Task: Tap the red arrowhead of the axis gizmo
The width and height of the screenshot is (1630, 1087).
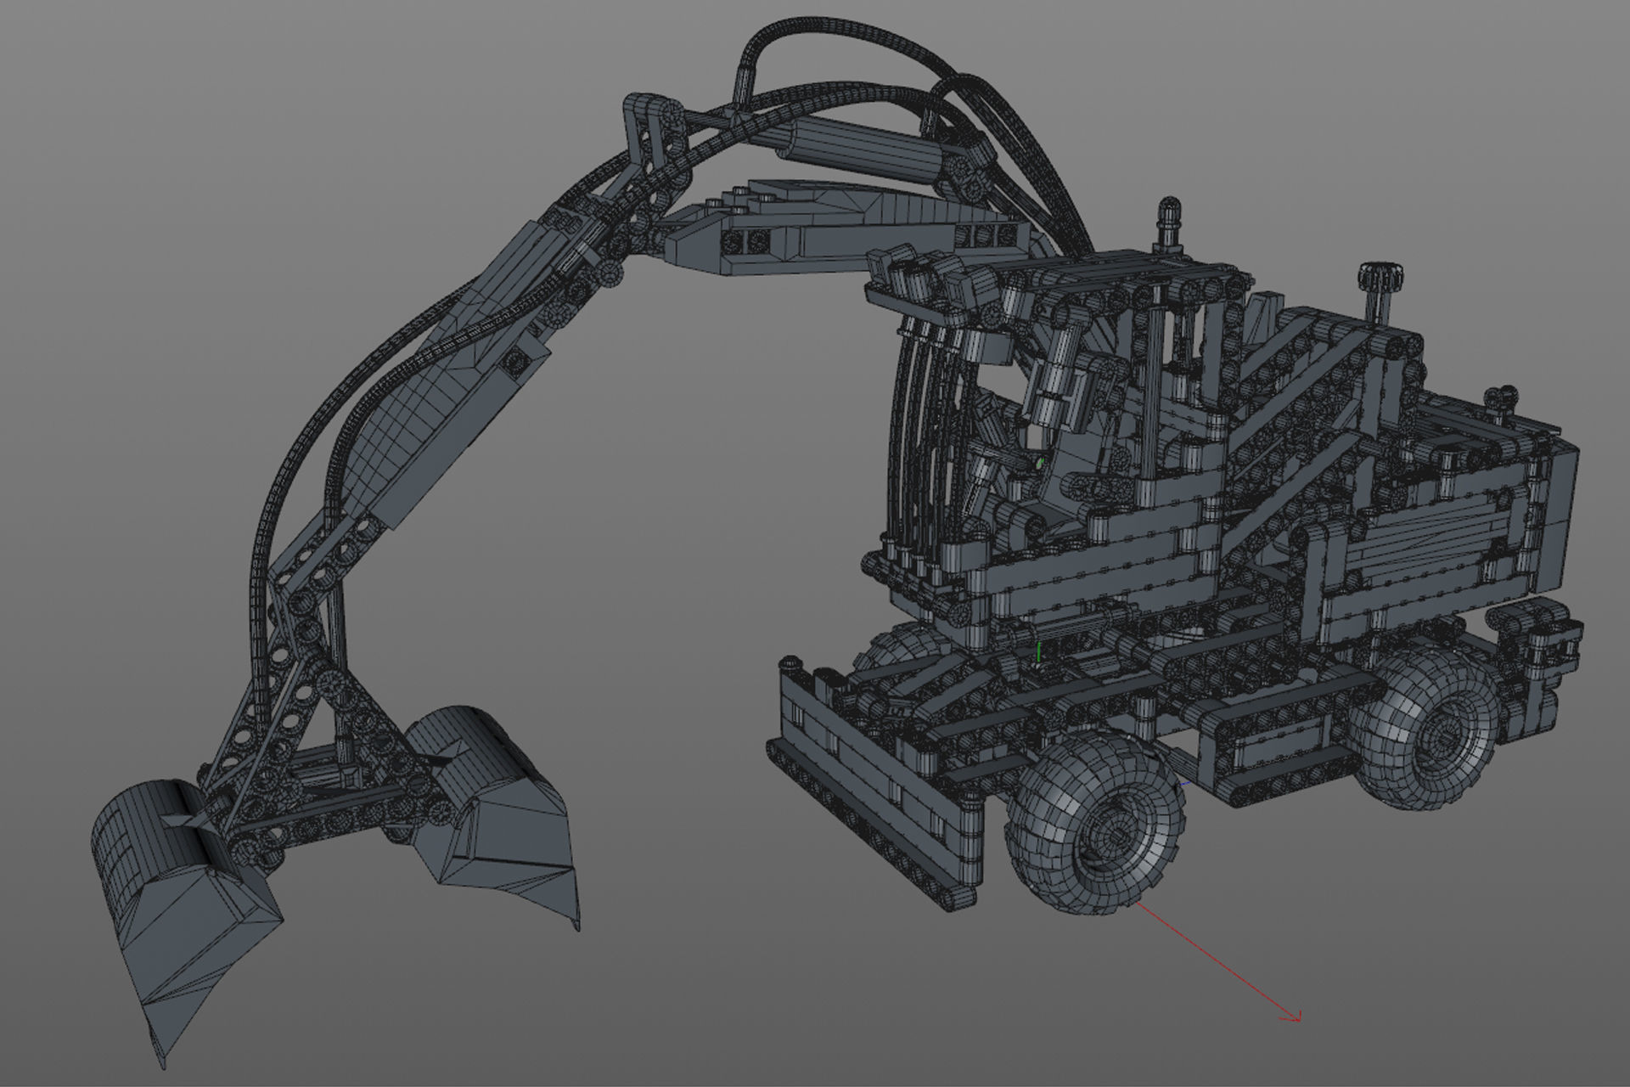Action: pyautogui.click(x=1296, y=1017)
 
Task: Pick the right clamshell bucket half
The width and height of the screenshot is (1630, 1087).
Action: pyautogui.click(x=492, y=815)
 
